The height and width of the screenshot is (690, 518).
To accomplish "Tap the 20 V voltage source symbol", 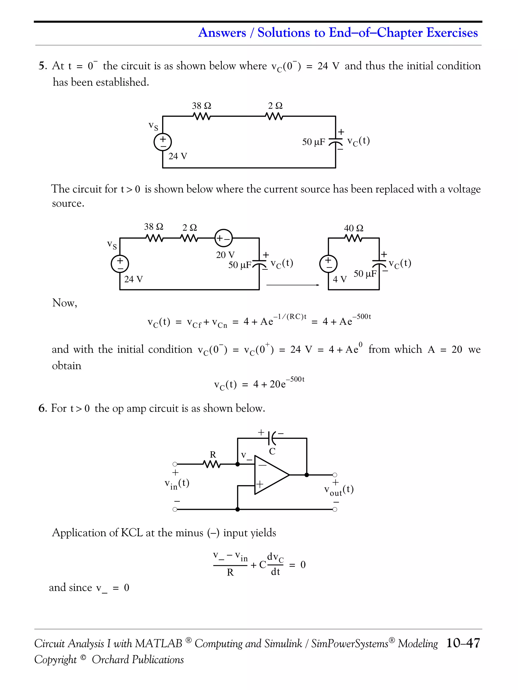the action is point(224,238).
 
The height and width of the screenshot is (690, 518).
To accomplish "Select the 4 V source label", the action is point(340,279).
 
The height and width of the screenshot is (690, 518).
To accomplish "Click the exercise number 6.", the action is point(42,408).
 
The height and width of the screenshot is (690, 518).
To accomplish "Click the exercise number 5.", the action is point(42,66).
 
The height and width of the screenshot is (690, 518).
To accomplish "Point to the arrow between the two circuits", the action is point(293,285).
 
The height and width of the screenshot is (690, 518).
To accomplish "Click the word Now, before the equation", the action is point(65,303).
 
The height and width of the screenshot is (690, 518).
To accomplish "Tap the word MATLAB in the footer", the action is point(159,643).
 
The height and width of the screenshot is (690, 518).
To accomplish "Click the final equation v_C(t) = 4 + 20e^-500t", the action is point(259,384).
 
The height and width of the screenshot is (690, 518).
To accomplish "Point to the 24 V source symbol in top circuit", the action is point(163,142).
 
